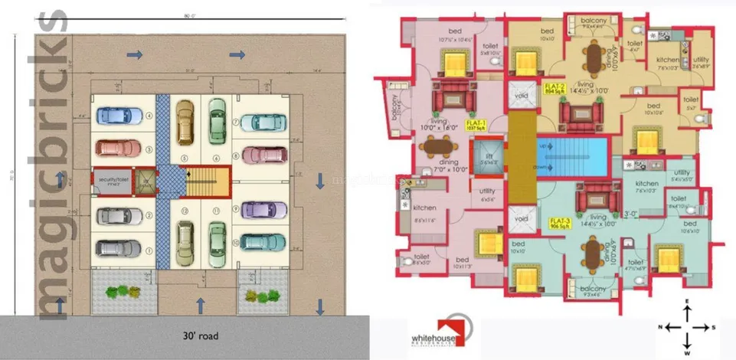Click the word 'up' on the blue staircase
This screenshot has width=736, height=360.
coord(542,145)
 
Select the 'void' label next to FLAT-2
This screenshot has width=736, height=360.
coord(522,97)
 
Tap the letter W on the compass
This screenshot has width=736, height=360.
coord(686,352)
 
